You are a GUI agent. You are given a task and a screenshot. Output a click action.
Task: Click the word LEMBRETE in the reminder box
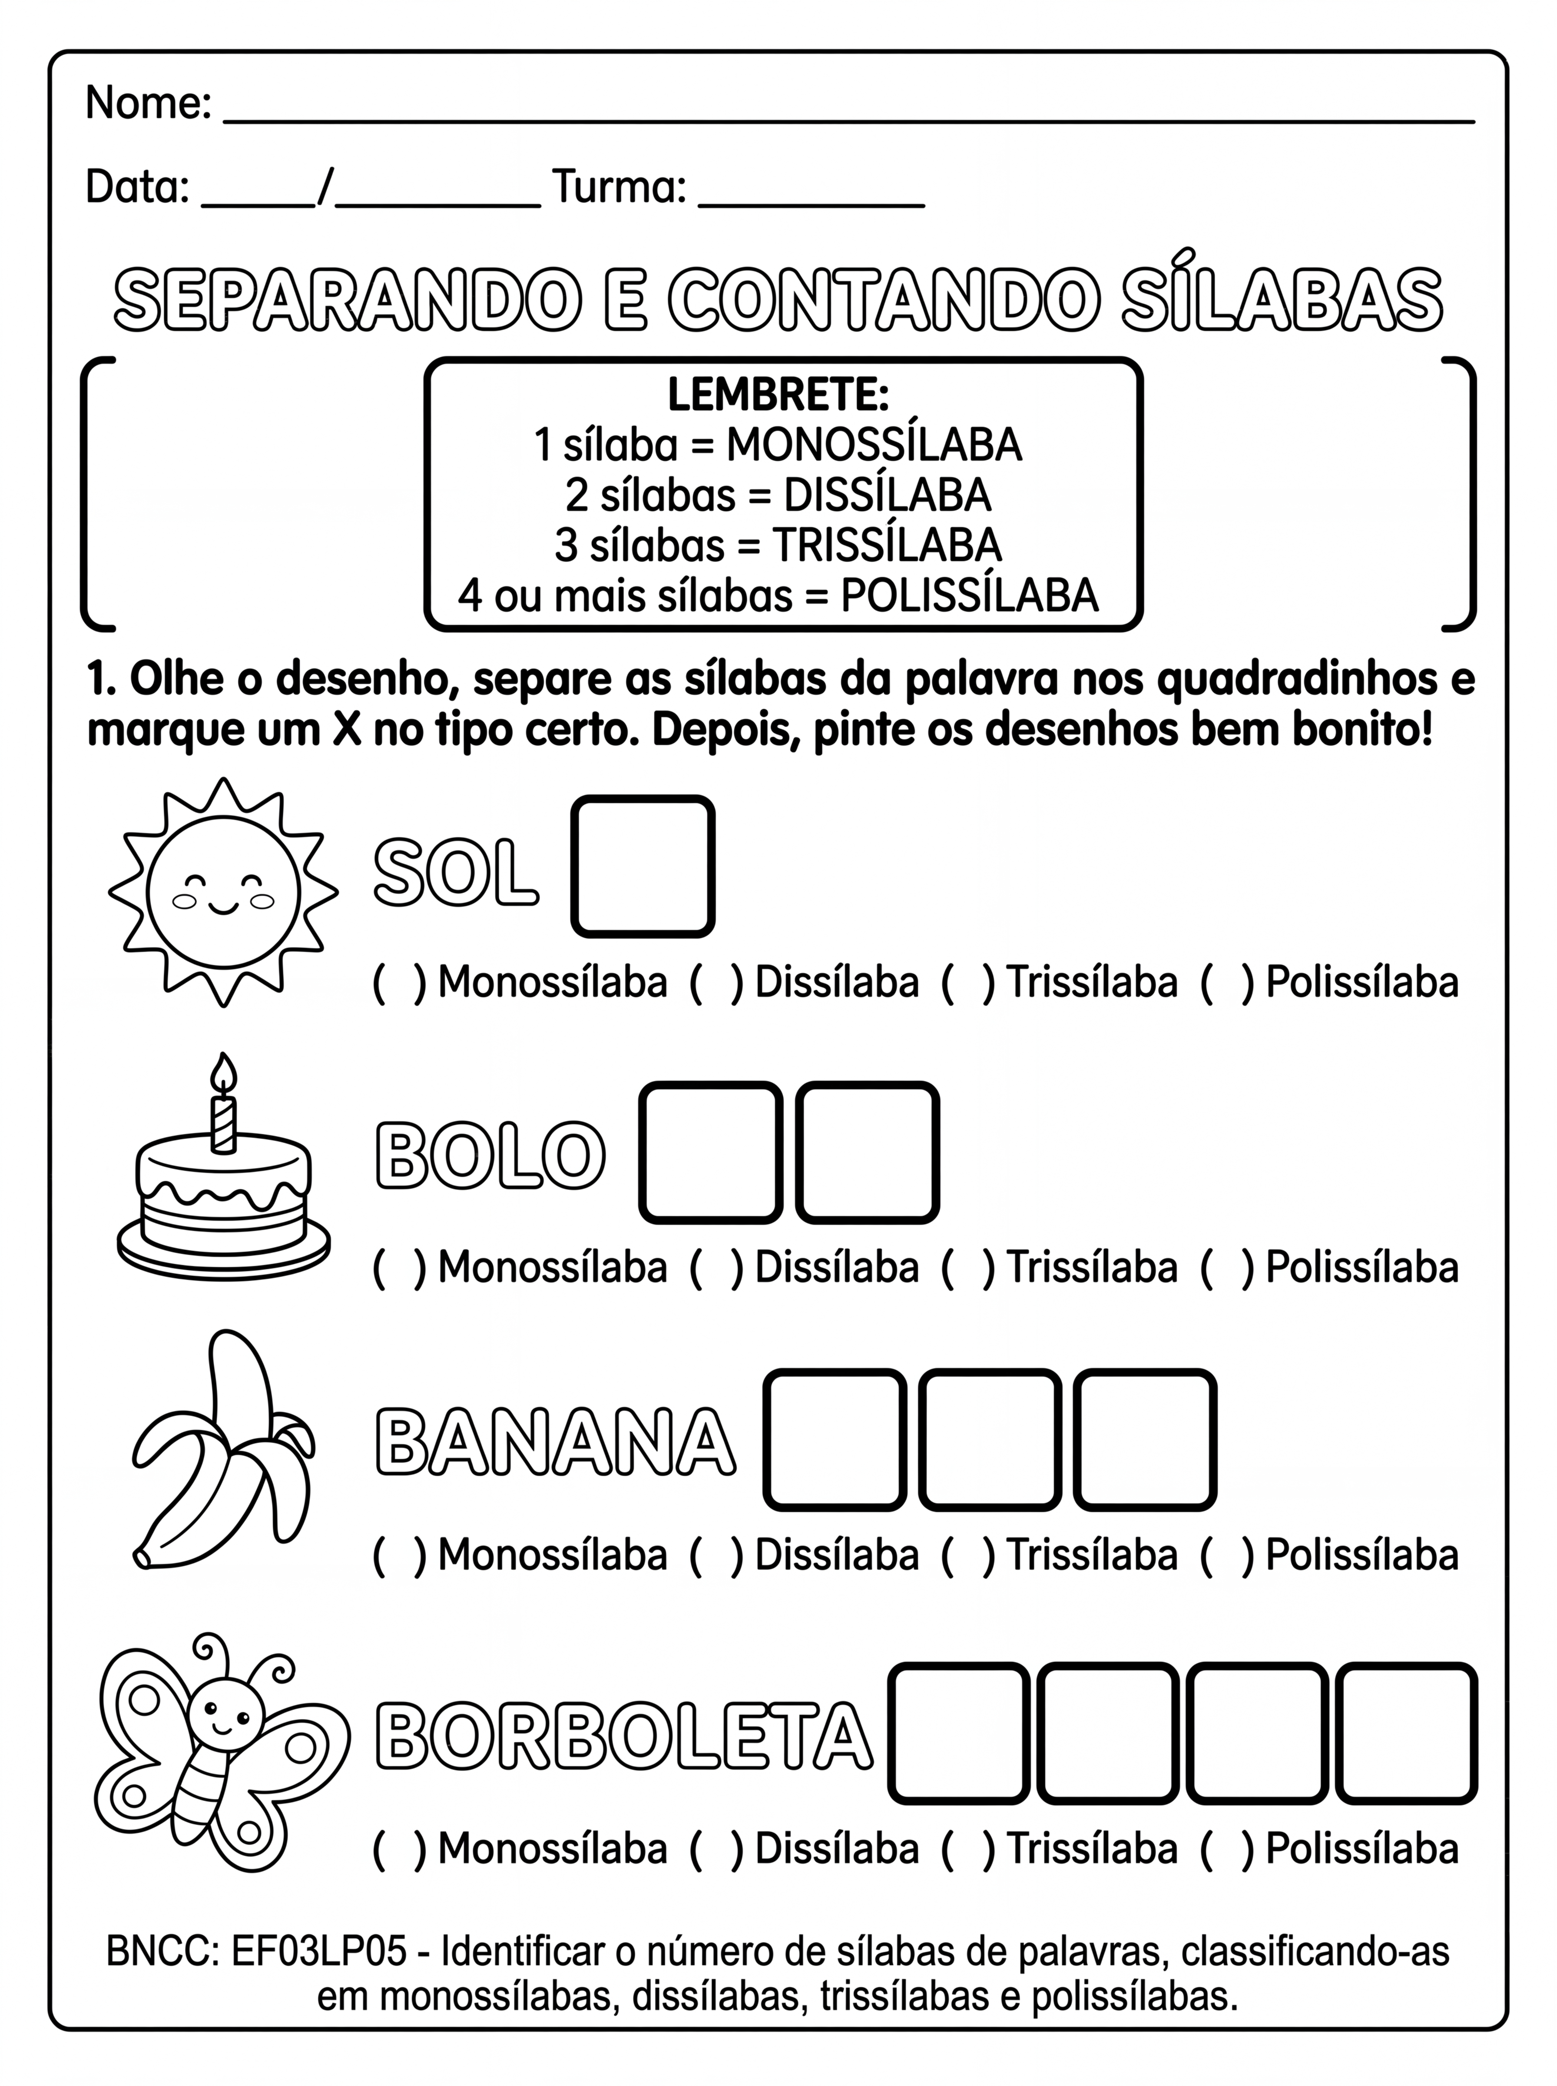pos(778,395)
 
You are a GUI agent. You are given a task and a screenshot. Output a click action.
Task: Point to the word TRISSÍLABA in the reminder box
pos(886,546)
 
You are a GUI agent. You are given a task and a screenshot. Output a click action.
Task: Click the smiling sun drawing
pos(223,892)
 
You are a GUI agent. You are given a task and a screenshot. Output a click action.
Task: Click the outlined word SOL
pos(456,874)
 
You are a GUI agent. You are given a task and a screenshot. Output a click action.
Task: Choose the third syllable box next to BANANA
pos(1144,1439)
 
